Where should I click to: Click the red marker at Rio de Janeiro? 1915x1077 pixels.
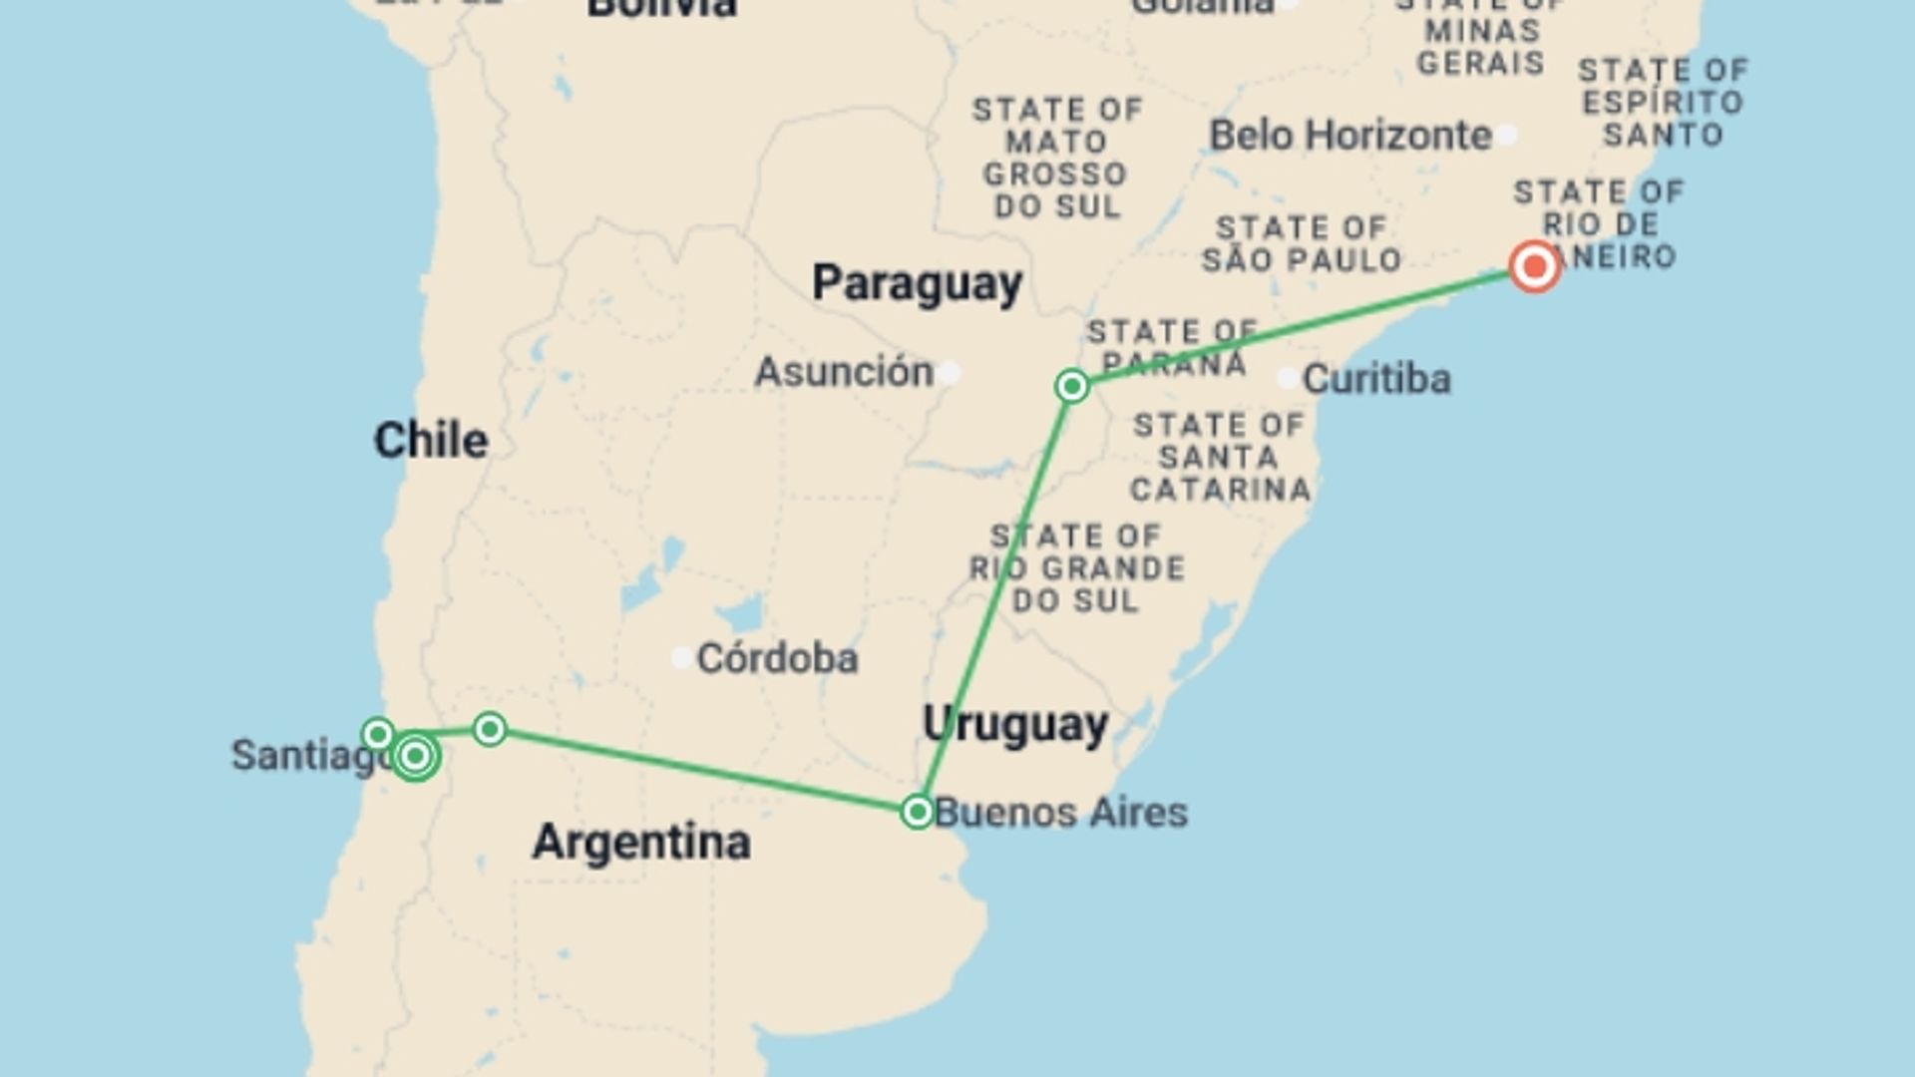click(x=1534, y=266)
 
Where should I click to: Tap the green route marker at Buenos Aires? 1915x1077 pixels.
click(x=917, y=812)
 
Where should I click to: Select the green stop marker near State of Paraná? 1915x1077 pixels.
click(x=1072, y=386)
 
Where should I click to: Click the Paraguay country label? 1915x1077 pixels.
click(x=917, y=283)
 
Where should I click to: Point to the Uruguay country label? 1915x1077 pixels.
click(x=1015, y=724)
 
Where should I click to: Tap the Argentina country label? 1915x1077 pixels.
click(x=641, y=843)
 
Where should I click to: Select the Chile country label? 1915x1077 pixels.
click(x=431, y=440)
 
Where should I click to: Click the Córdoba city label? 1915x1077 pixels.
click(x=777, y=658)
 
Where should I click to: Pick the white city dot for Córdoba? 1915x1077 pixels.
click(x=682, y=658)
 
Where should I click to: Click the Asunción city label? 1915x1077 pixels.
click(x=844, y=372)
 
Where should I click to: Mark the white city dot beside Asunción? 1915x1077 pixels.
click(x=950, y=373)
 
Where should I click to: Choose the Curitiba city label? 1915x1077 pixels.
click(x=1376, y=379)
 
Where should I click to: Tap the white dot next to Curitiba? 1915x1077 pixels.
click(x=1288, y=379)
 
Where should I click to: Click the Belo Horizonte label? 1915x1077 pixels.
click(x=1350, y=136)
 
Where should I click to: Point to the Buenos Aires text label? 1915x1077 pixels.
click(x=1061, y=813)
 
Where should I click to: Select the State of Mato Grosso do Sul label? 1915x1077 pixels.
click(x=1056, y=158)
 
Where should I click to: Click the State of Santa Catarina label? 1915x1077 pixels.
click(x=1219, y=458)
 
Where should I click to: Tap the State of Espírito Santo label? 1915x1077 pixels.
click(x=1663, y=103)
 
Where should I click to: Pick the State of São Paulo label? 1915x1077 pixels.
click(x=1302, y=244)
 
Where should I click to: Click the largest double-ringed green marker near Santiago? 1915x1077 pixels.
click(x=415, y=757)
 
